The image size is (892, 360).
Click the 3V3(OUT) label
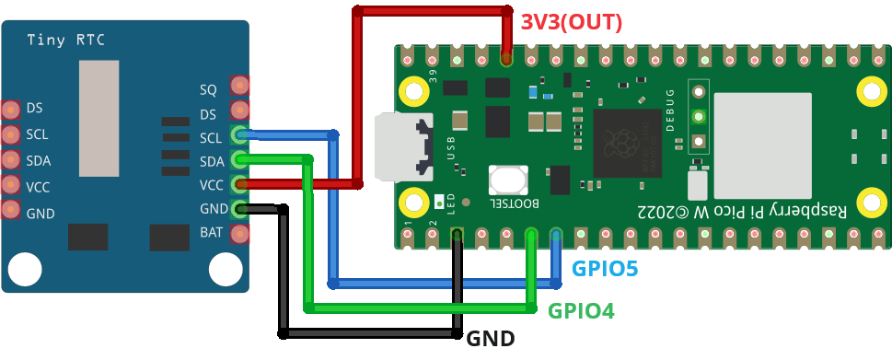572,21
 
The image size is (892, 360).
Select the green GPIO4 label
581,311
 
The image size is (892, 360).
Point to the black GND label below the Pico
491,338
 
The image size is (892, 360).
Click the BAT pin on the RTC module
239,233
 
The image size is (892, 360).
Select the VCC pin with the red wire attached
239,184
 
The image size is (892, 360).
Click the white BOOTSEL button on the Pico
507,180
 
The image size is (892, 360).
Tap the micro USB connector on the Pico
405,147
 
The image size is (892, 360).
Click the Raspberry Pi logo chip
627,142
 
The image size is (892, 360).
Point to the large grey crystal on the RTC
98,118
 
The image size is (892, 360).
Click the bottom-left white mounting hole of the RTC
25,270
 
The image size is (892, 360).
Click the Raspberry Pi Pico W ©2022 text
740,210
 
